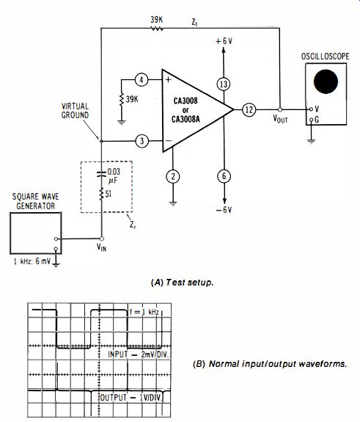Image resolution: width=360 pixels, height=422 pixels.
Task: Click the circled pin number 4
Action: click(x=142, y=80)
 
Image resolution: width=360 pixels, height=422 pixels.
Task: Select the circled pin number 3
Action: click(x=142, y=141)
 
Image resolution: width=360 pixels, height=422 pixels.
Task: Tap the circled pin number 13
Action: click(x=224, y=84)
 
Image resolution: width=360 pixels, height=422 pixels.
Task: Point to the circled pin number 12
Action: click(x=249, y=109)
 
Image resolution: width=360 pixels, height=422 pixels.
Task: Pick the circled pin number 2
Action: click(x=173, y=177)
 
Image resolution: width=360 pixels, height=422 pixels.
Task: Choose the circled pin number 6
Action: click(x=224, y=177)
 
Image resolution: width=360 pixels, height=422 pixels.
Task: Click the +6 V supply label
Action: click(x=224, y=41)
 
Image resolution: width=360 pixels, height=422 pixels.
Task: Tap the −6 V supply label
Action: click(x=224, y=210)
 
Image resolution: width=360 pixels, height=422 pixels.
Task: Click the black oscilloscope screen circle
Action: click(x=326, y=81)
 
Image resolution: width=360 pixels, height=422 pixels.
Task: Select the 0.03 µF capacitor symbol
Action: click(x=101, y=174)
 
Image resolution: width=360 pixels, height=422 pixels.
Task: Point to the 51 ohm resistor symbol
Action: click(x=101, y=194)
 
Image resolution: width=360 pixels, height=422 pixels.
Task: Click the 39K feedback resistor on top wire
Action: click(x=156, y=29)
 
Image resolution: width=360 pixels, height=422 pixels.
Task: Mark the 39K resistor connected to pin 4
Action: click(x=122, y=99)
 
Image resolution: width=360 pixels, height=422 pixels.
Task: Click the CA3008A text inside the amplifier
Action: click(x=185, y=119)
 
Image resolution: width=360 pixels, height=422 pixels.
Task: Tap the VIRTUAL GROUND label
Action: click(x=75, y=111)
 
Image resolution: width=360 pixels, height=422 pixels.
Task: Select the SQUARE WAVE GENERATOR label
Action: click(x=35, y=201)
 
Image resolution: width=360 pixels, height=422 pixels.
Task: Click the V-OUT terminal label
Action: click(x=280, y=119)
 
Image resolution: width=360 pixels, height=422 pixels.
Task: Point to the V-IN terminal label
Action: click(x=101, y=247)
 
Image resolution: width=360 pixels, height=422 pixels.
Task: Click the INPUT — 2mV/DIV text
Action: click(x=139, y=354)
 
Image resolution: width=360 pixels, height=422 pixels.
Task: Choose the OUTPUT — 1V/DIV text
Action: click(x=131, y=398)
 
